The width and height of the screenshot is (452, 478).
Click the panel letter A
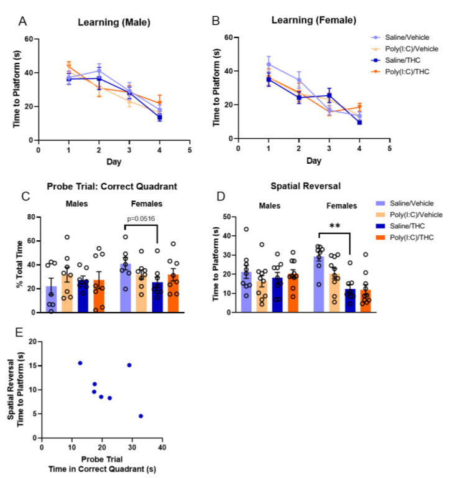pyautogui.click(x=22, y=22)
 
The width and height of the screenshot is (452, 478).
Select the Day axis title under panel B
pyautogui.click(x=314, y=161)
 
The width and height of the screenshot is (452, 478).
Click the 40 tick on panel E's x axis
pyautogui.click(x=162, y=447)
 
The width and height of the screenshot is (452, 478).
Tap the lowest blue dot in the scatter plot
pyautogui.click(x=141, y=416)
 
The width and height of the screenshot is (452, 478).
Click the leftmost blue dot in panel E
pyautogui.click(x=80, y=363)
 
